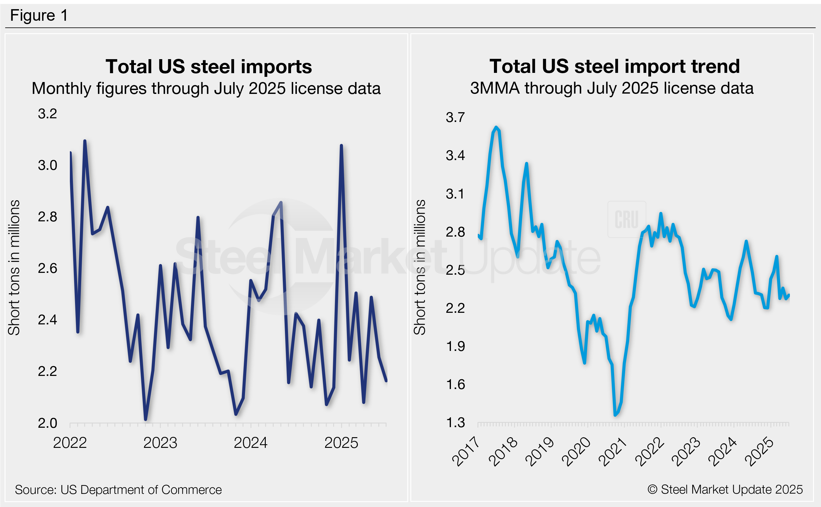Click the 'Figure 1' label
[x=39, y=16]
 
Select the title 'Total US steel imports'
[x=209, y=66]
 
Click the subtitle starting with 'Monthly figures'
[x=206, y=88]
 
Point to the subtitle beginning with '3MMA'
[x=612, y=88]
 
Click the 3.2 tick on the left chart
[x=47, y=114]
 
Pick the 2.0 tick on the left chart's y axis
[x=47, y=423]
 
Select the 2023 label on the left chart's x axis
[x=160, y=443]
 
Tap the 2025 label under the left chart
[x=341, y=443]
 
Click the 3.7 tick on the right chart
[x=455, y=117]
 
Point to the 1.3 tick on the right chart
[x=455, y=423]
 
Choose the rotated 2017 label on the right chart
[x=466, y=452]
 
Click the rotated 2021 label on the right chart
[x=613, y=452]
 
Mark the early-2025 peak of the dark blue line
[x=341, y=145]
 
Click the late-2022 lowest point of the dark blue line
[x=146, y=419]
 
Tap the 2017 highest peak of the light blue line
[x=496, y=127]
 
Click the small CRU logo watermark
[x=626, y=219]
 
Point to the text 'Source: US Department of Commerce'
[x=118, y=490]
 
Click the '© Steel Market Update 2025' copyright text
[x=725, y=490]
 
